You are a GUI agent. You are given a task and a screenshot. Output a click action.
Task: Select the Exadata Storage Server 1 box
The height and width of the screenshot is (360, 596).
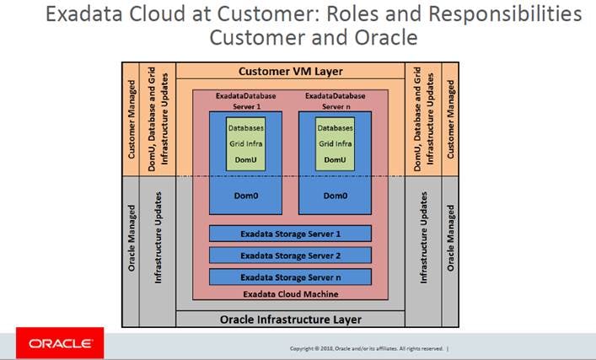pyautogui.click(x=290, y=234)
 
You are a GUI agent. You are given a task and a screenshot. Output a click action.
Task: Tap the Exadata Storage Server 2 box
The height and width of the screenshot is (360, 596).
pyautogui.click(x=290, y=255)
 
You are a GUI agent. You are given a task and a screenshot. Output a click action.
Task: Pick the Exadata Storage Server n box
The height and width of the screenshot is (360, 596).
pyautogui.click(x=290, y=276)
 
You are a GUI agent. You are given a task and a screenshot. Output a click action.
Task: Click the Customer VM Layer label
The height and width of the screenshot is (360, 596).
pyautogui.click(x=290, y=72)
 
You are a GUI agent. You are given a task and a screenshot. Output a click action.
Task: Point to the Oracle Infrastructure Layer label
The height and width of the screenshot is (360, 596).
pyautogui.click(x=290, y=320)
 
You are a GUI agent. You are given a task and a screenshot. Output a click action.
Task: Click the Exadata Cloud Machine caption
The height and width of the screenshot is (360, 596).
pyautogui.click(x=290, y=293)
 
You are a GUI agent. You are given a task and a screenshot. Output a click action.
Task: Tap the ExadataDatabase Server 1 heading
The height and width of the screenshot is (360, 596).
pyautogui.click(x=245, y=101)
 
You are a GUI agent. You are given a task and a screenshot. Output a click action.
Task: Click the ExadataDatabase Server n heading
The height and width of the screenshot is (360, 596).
pyautogui.click(x=335, y=101)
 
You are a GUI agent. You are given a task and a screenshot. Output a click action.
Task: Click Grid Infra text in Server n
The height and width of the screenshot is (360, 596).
pyautogui.click(x=335, y=143)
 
